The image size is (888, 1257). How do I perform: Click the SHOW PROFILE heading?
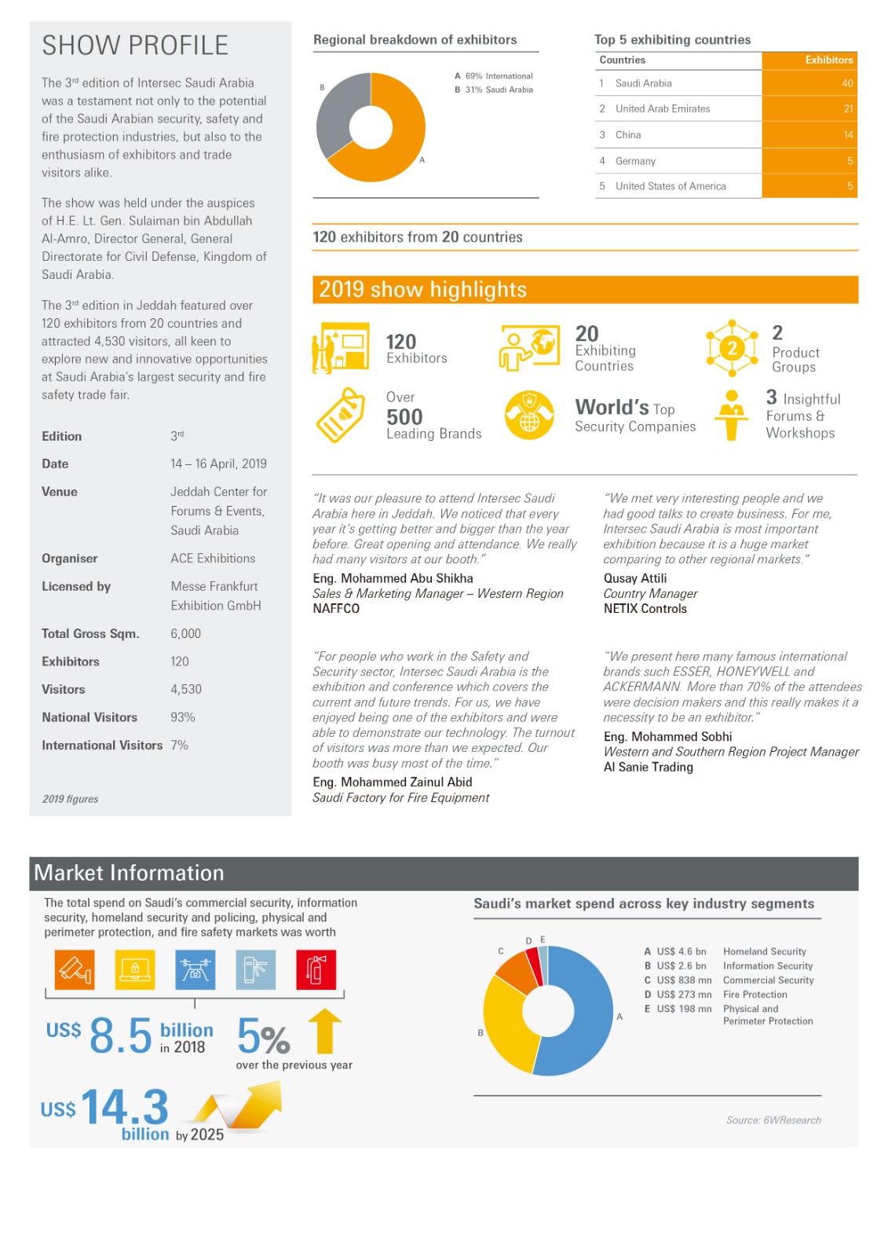pyautogui.click(x=135, y=46)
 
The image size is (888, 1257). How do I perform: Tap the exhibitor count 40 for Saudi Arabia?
pyautogui.click(x=847, y=83)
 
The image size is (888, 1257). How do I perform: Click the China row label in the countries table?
pyautogui.click(x=628, y=135)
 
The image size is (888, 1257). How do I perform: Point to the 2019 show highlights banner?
pyautogui.click(x=585, y=289)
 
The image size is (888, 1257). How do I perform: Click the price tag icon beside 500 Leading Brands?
pyautogui.click(x=341, y=415)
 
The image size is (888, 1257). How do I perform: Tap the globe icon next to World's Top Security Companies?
pyautogui.click(x=529, y=415)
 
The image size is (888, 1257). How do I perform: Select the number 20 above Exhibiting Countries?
pyautogui.click(x=587, y=334)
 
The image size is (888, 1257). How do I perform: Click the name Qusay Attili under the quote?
pyautogui.click(x=635, y=578)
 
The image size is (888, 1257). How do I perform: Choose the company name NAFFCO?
pyautogui.click(x=336, y=608)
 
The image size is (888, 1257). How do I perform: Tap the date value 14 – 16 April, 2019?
pyautogui.click(x=218, y=464)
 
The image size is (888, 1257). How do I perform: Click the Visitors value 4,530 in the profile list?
pyautogui.click(x=186, y=689)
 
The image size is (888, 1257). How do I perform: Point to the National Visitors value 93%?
pyautogui.click(x=183, y=717)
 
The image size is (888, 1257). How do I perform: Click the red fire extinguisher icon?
pyautogui.click(x=316, y=969)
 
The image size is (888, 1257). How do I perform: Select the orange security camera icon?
pyautogui.click(x=75, y=969)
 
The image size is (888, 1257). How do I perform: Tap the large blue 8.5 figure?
pyautogui.click(x=120, y=1035)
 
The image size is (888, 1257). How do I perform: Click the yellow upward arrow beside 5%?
pyautogui.click(x=324, y=1031)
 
